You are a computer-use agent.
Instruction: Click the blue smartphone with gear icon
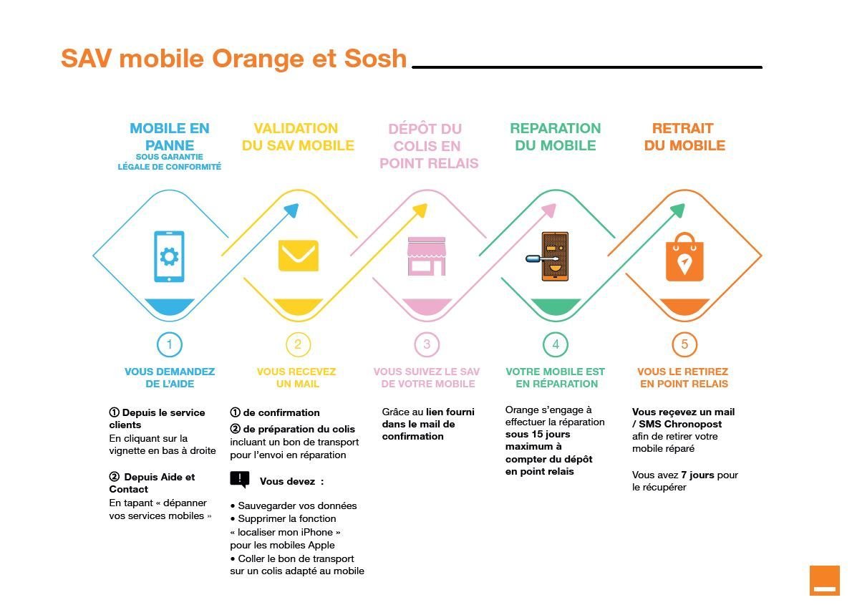[169, 256]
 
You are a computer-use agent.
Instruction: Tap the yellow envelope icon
[298, 256]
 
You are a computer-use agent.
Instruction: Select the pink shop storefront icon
[427, 256]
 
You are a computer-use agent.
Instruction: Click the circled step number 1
[169, 344]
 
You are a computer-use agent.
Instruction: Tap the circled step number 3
[427, 344]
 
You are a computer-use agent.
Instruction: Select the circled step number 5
[684, 344]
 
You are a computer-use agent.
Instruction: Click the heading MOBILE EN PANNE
[170, 137]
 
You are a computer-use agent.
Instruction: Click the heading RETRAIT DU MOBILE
[684, 137]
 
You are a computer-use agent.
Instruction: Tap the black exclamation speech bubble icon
[240, 480]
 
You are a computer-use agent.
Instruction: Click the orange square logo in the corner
[824, 580]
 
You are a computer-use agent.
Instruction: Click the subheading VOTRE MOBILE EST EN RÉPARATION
[555, 377]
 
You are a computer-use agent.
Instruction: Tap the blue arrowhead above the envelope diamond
[291, 210]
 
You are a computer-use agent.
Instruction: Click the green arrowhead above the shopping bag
[677, 210]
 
